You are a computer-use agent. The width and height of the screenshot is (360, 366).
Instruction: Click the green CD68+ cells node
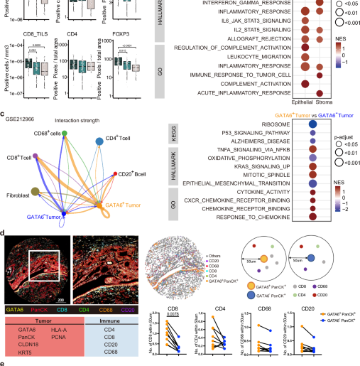coord(65,133)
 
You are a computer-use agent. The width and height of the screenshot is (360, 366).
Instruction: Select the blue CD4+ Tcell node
coord(98,142)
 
